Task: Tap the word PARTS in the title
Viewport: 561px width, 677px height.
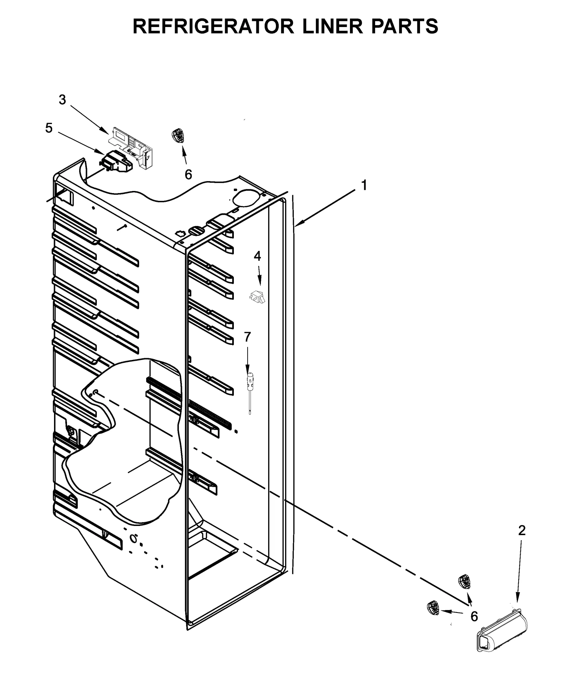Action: [x=405, y=27]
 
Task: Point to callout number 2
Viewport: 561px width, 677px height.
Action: [x=522, y=531]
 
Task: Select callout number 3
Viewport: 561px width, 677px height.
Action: [x=62, y=100]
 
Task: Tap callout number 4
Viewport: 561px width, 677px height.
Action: [x=257, y=257]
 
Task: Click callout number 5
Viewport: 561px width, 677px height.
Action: [x=49, y=128]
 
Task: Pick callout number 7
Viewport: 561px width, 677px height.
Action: [x=248, y=337]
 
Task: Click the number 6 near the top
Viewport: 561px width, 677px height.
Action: [x=188, y=174]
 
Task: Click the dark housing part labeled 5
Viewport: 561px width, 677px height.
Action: [x=117, y=162]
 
